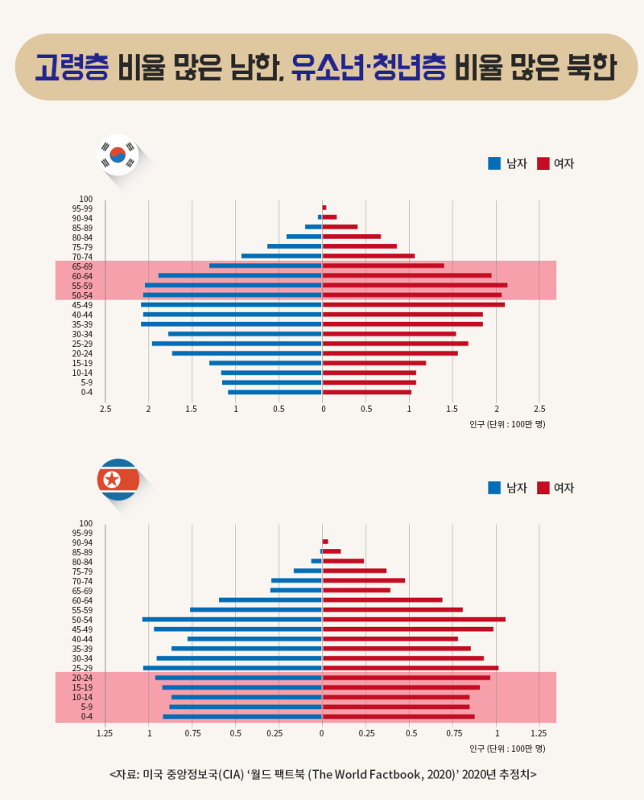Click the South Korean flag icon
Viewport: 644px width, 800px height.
coord(118,155)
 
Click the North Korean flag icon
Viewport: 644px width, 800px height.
coord(118,480)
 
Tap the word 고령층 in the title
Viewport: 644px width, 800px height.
coord(71,68)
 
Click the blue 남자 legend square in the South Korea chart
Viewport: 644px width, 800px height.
coord(494,163)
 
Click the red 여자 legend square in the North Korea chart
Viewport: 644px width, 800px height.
coord(543,488)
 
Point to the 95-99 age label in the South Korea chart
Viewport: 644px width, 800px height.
coord(82,208)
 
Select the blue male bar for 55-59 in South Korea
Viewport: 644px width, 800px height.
coord(233,286)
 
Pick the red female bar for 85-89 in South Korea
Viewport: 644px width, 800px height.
coord(340,227)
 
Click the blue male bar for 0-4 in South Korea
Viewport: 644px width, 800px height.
coord(275,392)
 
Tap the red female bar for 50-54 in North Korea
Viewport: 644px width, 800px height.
coord(414,620)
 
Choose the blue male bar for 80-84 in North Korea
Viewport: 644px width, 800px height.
coord(316,561)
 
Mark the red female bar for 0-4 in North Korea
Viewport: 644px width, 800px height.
coord(398,716)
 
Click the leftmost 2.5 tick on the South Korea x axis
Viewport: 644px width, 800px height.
coord(105,409)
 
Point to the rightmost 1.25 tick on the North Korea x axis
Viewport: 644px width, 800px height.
coord(539,733)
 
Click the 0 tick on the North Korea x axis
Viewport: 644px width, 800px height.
coord(322,733)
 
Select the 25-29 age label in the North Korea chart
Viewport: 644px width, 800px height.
coord(82,668)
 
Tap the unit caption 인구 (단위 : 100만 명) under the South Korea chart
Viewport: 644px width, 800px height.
coord(507,423)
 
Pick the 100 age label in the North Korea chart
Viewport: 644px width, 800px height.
coord(86,523)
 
